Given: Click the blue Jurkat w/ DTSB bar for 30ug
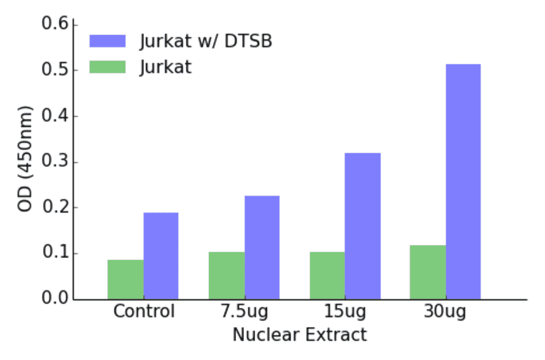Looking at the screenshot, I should tap(463, 182).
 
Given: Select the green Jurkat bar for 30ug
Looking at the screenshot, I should tap(428, 272).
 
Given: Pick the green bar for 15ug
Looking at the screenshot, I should tap(327, 276).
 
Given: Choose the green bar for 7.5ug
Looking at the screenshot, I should tap(226, 276).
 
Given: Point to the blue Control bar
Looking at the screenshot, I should tap(161, 256).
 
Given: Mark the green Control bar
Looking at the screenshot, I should tap(125, 279).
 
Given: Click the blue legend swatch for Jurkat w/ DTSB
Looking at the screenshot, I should tap(107, 41).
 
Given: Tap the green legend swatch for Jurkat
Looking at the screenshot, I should tap(107, 66).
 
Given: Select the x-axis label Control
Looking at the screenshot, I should tap(144, 312).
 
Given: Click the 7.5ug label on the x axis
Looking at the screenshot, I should tap(244, 312).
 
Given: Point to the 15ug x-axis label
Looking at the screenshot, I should tap(345, 312).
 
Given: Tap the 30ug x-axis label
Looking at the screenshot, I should tap(445, 312).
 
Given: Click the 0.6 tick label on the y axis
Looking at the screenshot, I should tap(54, 25).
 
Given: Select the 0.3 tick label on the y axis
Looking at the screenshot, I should tap(54, 162).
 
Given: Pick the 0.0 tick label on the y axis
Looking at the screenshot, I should tap(54, 299).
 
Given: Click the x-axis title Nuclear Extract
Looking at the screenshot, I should tap(300, 335).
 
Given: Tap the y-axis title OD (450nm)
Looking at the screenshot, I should tap(25, 159).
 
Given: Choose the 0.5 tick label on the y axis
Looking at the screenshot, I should tap(54, 70).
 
